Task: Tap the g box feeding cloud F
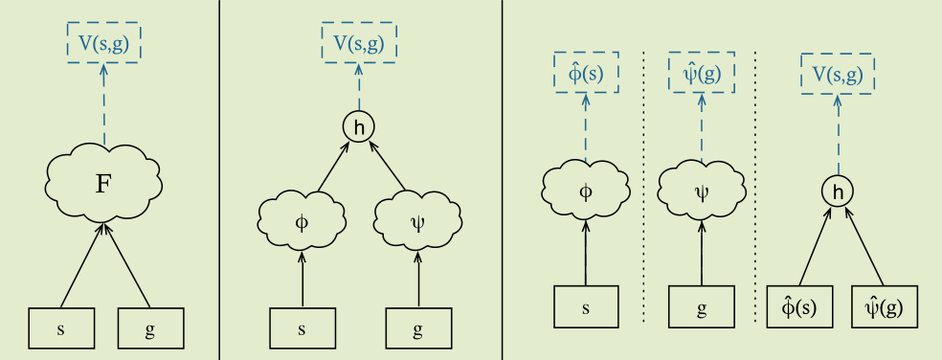150,328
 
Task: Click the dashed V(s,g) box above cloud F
103,42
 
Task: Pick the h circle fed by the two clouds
359,126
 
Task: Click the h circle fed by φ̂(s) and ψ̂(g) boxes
838,192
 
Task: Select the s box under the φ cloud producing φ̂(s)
586,307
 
